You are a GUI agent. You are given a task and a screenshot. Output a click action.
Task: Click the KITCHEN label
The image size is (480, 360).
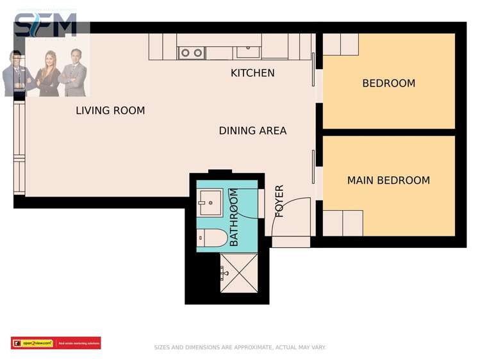(252, 73)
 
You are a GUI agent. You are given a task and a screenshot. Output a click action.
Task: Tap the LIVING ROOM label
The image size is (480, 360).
(110, 111)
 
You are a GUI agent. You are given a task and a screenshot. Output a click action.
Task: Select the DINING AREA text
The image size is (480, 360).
(252, 131)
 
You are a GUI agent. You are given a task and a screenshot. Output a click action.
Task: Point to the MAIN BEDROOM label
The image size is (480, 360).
(388, 181)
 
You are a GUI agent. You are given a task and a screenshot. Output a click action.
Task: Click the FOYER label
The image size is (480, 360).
(279, 201)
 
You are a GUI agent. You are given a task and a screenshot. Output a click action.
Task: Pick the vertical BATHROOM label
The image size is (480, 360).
(234, 217)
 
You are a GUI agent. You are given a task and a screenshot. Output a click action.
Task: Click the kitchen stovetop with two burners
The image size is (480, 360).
(191, 53)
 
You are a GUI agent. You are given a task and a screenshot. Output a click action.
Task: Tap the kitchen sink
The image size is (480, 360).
(247, 51)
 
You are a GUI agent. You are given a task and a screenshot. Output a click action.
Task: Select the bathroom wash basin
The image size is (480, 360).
(209, 204)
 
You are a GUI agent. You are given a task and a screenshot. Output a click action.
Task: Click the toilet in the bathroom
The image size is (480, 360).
(211, 238)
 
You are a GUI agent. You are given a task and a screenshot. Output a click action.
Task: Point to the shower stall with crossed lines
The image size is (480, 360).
(238, 273)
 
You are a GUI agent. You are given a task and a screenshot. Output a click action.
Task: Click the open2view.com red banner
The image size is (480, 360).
(56, 343)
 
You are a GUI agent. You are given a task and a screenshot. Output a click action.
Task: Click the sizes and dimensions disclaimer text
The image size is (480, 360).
(240, 347)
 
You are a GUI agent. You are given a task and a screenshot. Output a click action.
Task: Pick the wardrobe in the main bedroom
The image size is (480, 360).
(343, 223)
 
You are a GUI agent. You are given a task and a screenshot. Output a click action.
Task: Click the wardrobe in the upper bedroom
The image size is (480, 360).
(340, 44)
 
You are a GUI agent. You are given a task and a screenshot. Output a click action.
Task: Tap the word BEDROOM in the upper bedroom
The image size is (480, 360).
(388, 83)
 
